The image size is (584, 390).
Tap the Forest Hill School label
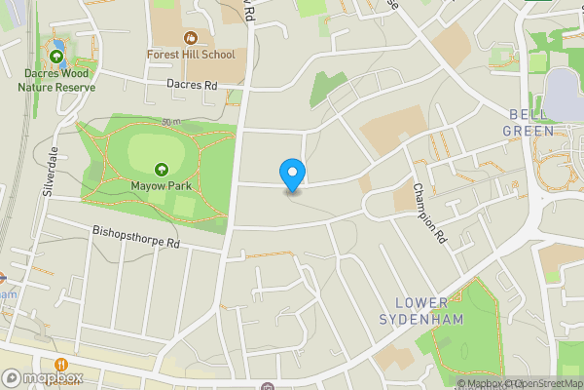pyautogui.click(x=191, y=55)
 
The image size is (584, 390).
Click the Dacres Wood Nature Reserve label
pyautogui.click(x=56, y=80)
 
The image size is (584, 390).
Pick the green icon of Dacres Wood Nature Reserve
pyautogui.click(x=56, y=58)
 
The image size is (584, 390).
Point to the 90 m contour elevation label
pyautogui.click(x=172, y=122)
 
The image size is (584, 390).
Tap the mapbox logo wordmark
pyautogui.click(x=49, y=378)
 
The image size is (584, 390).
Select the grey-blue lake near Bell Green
pyautogui.click(x=563, y=94)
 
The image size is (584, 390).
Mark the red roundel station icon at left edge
pyautogui.click(x=3, y=277)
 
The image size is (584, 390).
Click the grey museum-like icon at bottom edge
pyautogui.click(x=267, y=386)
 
